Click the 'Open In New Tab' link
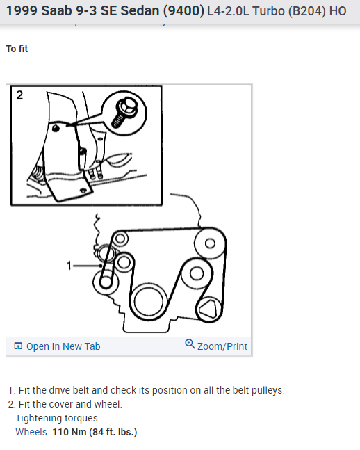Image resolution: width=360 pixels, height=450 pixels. (x=63, y=346)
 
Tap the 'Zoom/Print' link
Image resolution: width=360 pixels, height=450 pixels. (x=222, y=346)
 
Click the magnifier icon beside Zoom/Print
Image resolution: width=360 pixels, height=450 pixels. (x=190, y=344)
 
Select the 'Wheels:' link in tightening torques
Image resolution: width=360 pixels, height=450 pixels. (x=33, y=432)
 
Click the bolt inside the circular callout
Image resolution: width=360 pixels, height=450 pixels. (x=124, y=112)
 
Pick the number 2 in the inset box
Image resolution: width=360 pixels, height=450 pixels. (x=19, y=95)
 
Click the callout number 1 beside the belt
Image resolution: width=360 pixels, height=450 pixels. (x=69, y=266)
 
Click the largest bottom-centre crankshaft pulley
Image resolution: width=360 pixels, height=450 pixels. (x=148, y=302)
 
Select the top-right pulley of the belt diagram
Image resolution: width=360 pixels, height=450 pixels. (x=210, y=243)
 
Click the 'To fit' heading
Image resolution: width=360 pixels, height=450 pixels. (x=17, y=49)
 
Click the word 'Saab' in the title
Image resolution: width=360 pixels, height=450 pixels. (x=56, y=11)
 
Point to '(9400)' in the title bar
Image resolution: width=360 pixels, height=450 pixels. (x=183, y=11)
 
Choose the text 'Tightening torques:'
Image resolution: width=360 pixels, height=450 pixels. (x=58, y=418)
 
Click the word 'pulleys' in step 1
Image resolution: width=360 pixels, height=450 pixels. (x=268, y=390)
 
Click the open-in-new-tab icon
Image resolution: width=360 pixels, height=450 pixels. (x=18, y=346)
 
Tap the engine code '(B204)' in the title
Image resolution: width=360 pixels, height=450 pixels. (x=307, y=11)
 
